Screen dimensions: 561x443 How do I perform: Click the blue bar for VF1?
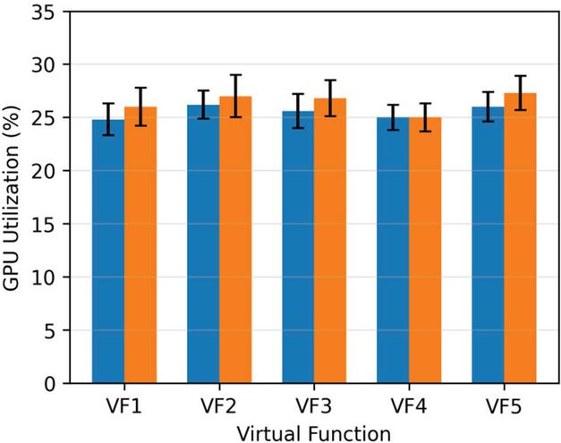pos(108,251)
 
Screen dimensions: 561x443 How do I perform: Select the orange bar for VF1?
pos(140,244)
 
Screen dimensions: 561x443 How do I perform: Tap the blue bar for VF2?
pos(203,244)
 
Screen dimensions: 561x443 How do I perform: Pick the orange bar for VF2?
pos(235,240)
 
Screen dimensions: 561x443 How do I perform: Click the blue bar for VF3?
pos(298,247)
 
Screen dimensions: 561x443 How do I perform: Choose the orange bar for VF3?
pos(330,241)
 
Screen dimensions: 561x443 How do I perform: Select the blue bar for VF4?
pos(393,250)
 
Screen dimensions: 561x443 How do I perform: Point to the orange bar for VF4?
pos(425,250)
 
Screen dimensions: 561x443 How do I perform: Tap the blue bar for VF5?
pos(488,244)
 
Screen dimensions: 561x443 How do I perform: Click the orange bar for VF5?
pos(520,238)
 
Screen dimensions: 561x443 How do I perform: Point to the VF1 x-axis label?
pos(123,406)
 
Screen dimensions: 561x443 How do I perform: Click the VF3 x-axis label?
pos(314,406)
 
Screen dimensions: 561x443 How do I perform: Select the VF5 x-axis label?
pos(504,406)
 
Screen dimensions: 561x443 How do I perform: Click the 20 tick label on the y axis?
pos(43,171)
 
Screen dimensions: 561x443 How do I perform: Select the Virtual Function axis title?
pos(314,434)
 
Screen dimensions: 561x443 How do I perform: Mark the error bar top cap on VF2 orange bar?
pos(235,75)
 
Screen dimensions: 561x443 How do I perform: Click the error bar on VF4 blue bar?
pos(393,117)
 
